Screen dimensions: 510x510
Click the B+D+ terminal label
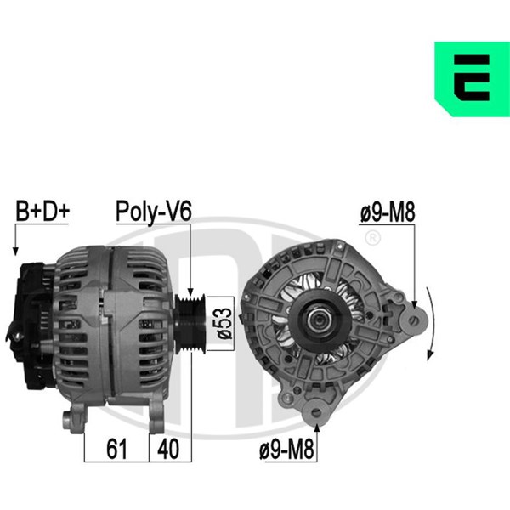tap(42, 211)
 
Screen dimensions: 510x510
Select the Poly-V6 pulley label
tap(154, 212)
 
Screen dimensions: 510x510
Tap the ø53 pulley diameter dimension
tap(224, 324)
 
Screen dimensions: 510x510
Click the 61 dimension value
tap(116, 449)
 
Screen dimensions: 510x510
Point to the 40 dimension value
tap(168, 449)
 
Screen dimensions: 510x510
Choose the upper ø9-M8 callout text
tap(388, 212)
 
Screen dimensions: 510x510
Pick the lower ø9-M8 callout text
tap(286, 449)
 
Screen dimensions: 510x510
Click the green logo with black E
tap(472, 79)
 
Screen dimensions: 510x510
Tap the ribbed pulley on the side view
tap(190, 324)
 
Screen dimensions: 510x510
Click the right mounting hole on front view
tap(414, 321)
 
